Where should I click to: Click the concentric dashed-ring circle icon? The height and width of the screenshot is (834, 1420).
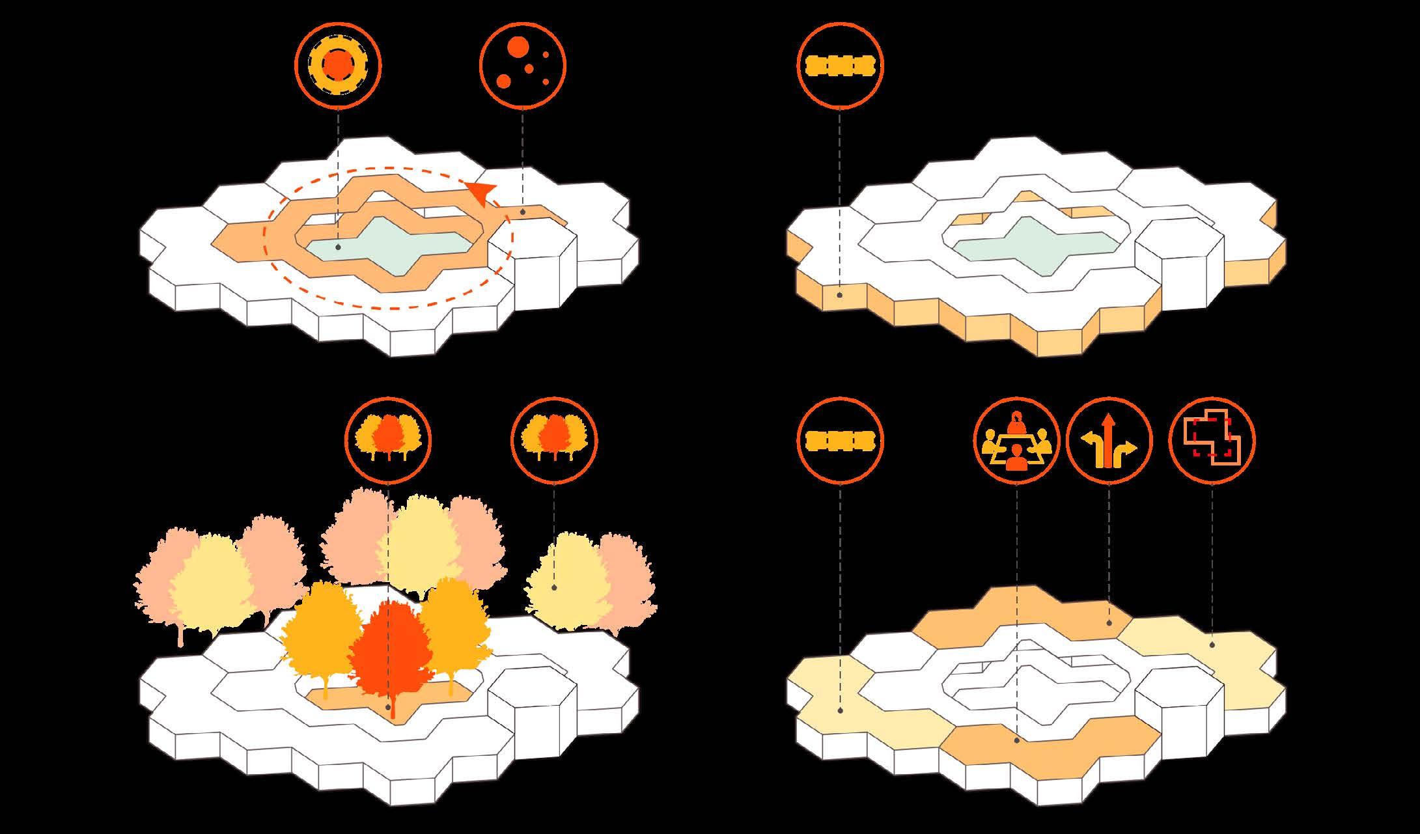coord(338,64)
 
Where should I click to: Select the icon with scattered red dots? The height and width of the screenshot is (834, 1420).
coord(523,64)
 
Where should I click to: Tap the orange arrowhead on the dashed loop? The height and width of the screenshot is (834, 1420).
coord(482,193)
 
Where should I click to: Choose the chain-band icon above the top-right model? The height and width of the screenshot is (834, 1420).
coord(840,64)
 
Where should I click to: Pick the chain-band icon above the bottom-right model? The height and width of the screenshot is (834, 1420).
coord(840,441)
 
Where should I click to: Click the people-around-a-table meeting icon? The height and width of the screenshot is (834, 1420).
coord(1016,441)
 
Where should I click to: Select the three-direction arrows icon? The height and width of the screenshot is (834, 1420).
coord(1109,441)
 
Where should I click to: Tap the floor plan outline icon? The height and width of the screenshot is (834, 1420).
coord(1212,441)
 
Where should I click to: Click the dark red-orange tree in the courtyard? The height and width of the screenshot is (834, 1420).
coord(391,651)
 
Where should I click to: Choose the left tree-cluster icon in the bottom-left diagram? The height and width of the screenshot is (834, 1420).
coord(387,438)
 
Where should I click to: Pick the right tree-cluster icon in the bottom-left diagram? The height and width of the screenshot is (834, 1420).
coord(554,438)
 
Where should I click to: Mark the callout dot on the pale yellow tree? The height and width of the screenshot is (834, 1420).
coord(554,587)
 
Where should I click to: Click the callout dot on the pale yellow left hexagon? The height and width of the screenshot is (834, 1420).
coord(841,710)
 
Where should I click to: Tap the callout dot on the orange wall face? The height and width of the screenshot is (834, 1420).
coord(841,295)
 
